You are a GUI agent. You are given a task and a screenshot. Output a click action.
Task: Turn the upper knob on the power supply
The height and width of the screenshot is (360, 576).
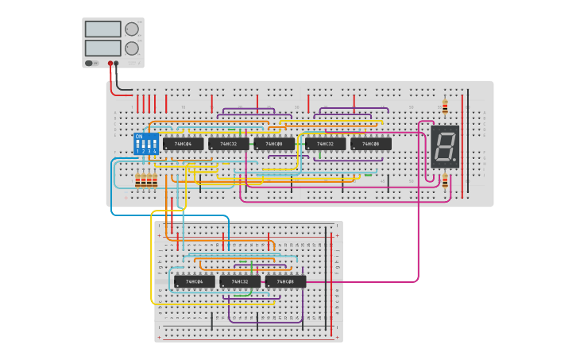(131, 29)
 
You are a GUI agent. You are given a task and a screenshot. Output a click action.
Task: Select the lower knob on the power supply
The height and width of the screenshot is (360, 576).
(131, 48)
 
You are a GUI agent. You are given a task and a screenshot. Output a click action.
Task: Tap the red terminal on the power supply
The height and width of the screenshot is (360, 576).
(110, 63)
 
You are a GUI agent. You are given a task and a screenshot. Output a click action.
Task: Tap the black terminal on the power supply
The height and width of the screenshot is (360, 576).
(117, 63)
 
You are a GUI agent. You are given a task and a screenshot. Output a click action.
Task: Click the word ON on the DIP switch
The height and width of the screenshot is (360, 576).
(139, 137)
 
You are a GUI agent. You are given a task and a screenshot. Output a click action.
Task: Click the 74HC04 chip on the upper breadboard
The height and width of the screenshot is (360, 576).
(183, 144)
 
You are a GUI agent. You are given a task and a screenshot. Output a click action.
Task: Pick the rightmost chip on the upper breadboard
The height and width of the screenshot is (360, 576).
(371, 144)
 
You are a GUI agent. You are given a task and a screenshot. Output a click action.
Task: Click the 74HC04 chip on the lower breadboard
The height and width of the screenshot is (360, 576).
(195, 281)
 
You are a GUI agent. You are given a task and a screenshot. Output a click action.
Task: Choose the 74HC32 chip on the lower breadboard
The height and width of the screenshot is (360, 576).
(240, 281)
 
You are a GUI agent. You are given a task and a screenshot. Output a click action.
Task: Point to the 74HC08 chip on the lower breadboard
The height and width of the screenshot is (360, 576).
(285, 281)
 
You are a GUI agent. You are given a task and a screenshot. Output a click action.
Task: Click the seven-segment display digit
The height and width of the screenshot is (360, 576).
(443, 146)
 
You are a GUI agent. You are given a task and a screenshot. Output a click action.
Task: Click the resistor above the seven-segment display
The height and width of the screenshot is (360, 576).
(445, 106)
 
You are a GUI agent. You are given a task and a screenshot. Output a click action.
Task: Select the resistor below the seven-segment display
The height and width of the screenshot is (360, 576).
(445, 182)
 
